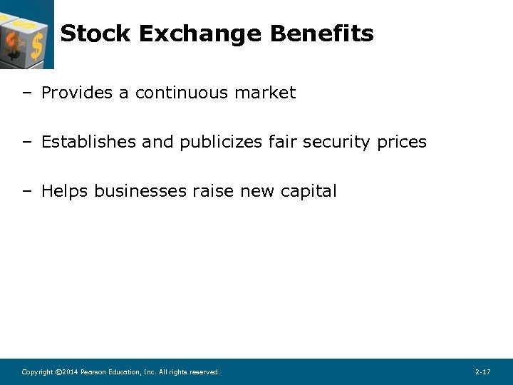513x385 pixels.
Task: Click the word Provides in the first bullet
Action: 74,93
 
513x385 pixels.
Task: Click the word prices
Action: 402,143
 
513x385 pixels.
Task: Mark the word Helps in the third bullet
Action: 65,191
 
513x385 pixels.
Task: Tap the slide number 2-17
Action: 482,372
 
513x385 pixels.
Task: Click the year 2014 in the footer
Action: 70,372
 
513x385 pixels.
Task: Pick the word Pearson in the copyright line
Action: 93,372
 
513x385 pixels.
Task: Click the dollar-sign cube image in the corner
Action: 26,34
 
